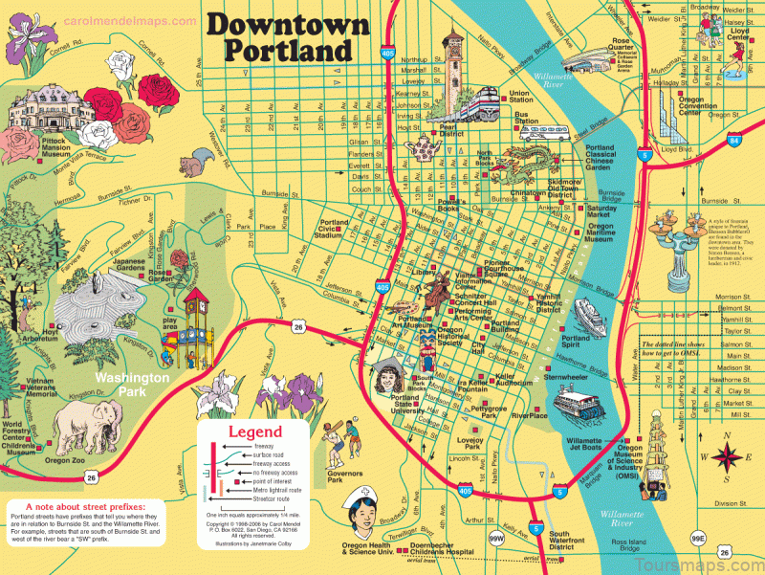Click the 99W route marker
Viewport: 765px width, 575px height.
pos(497,541)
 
